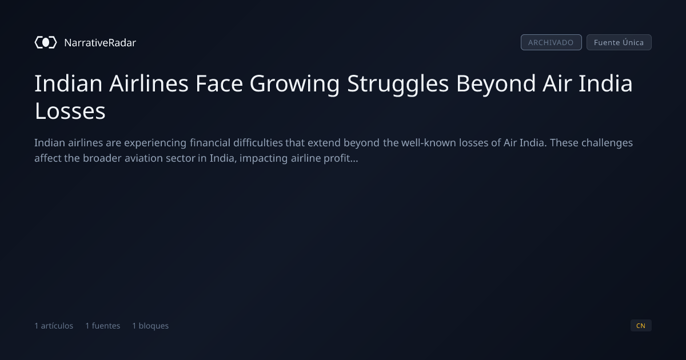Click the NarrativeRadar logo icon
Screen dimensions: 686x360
pyautogui.click(x=46, y=42)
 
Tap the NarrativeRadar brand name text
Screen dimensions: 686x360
pyautogui.click(x=100, y=42)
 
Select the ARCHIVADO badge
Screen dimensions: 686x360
pyautogui.click(x=551, y=42)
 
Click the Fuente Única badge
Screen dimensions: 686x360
pyautogui.click(x=619, y=42)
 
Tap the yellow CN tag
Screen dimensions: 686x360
pyautogui.click(x=641, y=325)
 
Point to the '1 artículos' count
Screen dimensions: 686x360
pyautogui.click(x=54, y=326)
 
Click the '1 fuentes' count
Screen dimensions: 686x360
pyautogui.click(x=102, y=326)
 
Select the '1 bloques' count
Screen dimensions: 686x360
pyautogui.click(x=150, y=326)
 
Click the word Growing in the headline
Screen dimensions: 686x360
pyautogui.click(x=294, y=84)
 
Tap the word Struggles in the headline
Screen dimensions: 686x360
pyautogui.click(x=398, y=84)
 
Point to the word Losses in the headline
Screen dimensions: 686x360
pyautogui.click(x=70, y=111)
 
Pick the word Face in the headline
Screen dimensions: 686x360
pyautogui.click(x=219, y=83)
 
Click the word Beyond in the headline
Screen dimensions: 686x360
pyautogui.click(x=496, y=84)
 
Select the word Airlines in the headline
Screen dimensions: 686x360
pyautogui.click(x=149, y=83)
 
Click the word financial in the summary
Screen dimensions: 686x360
pyautogui.click(x=210, y=143)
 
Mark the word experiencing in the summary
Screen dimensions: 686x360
pyautogui.click(x=155, y=143)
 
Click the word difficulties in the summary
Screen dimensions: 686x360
pyautogui.click(x=258, y=143)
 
